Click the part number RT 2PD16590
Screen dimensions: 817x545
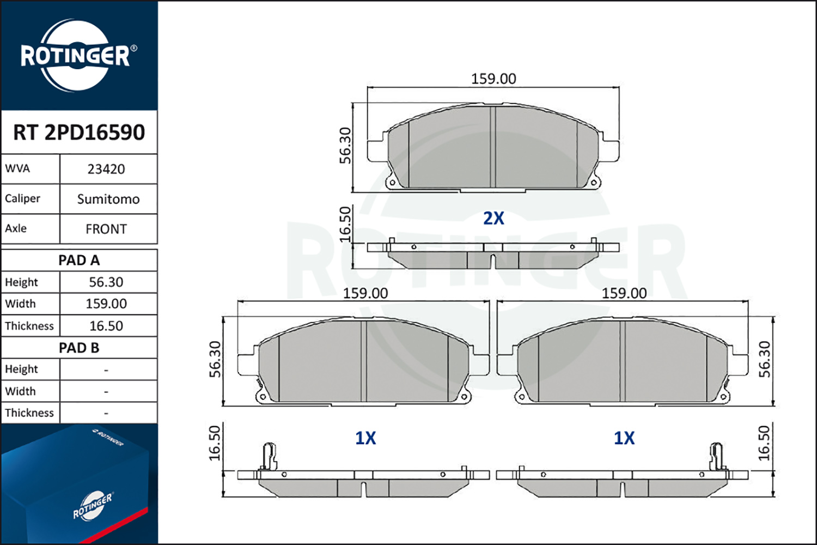click(x=79, y=132)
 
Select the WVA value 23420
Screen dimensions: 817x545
click(x=106, y=169)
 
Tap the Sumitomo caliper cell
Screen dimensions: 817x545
click(x=108, y=199)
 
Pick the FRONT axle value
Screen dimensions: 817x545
click(x=106, y=229)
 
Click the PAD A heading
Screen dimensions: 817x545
click(x=79, y=261)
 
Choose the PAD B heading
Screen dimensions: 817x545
click(x=79, y=348)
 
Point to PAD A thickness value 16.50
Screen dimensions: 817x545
click(x=106, y=325)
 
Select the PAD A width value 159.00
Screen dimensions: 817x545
click(x=106, y=304)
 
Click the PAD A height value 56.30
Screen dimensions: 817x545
click(x=106, y=282)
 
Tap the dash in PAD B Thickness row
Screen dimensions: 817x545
click(x=106, y=413)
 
